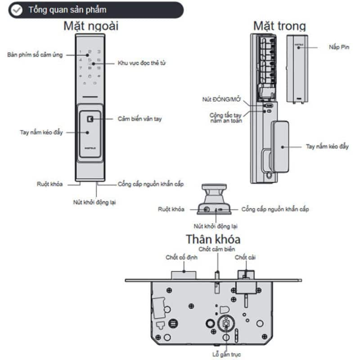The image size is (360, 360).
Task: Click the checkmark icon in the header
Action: tap(17, 10)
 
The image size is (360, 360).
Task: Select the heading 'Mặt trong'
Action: tap(279, 26)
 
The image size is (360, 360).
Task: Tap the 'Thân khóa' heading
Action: tap(213, 238)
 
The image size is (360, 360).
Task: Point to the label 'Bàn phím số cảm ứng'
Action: tap(35, 55)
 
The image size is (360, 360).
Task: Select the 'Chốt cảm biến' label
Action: tap(217, 249)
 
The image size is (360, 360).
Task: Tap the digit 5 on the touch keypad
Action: tap(90, 59)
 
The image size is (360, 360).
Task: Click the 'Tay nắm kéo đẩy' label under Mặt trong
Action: tap(327, 147)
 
